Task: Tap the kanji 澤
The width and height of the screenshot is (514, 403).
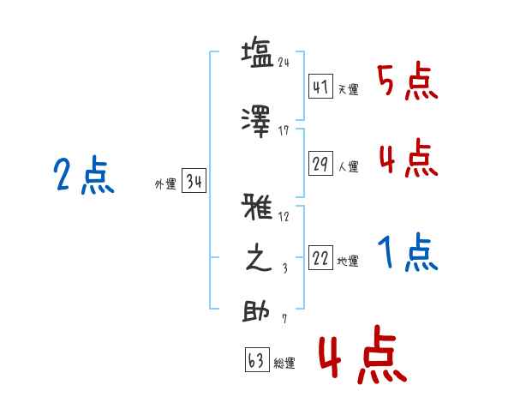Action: coord(258,119)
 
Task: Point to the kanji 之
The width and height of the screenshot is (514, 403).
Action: coord(258,258)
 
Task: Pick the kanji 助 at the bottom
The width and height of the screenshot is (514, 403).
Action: coord(258,311)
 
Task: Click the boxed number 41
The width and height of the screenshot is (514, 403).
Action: coord(320,87)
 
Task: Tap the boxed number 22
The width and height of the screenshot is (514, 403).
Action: coord(320,259)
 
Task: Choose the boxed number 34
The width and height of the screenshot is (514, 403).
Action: coord(194,181)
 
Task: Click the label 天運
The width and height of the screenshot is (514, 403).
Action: coord(348,90)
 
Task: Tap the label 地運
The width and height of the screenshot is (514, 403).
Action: coord(348,262)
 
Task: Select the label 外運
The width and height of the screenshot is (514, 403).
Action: coord(165,183)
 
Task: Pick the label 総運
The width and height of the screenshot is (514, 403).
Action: coord(284,364)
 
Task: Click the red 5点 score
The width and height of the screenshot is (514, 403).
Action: coord(406,82)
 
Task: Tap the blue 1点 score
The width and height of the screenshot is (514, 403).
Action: coord(406,254)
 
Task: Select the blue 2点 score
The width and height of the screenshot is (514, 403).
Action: coord(84,177)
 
